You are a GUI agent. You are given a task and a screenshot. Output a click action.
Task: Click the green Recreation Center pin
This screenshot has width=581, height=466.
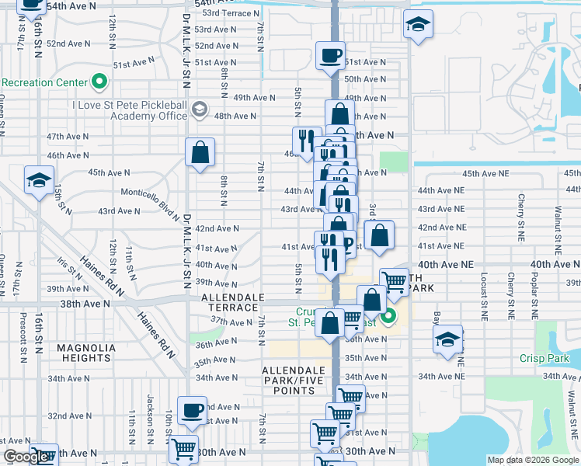99,82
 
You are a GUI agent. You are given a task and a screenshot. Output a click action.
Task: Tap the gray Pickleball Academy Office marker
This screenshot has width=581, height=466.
200,108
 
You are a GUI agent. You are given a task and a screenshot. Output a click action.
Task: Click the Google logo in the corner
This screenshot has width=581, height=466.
26,457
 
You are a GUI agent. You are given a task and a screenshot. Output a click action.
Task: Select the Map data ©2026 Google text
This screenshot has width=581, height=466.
532,460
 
